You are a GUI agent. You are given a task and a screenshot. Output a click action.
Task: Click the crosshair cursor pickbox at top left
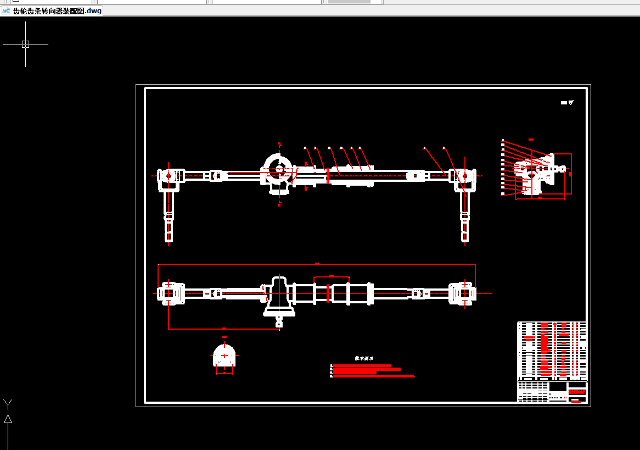(x=25, y=44)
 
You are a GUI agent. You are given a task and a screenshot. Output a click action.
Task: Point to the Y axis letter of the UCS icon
(x=8, y=404)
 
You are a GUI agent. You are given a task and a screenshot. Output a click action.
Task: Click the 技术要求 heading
(x=364, y=358)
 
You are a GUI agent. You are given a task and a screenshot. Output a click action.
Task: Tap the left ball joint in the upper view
(x=169, y=176)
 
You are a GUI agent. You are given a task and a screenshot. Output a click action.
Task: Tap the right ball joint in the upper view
(x=465, y=176)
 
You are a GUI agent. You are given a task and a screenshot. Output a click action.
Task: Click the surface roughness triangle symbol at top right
(x=571, y=103)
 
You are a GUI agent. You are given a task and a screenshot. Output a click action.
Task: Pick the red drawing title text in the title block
(x=577, y=392)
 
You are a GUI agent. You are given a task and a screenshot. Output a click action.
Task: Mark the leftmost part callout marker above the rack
(x=305, y=148)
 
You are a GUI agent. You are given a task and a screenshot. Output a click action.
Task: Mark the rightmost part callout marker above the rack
(x=443, y=148)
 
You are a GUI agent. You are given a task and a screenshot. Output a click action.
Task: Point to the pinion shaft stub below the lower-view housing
(x=279, y=321)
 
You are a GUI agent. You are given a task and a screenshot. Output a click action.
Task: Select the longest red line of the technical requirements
(x=373, y=376)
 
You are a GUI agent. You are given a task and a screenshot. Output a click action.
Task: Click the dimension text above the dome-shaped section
(x=224, y=337)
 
